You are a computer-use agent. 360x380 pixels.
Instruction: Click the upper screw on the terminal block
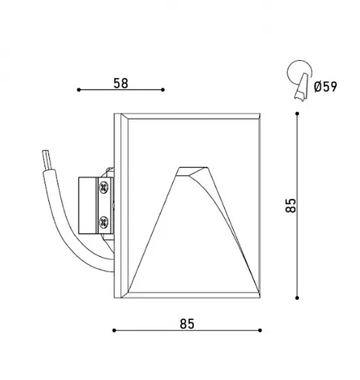click(103, 188)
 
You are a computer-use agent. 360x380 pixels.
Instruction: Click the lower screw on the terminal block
click(103, 220)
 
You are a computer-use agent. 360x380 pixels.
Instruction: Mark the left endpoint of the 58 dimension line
click(78, 91)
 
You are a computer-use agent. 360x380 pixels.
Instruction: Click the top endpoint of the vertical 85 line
click(297, 114)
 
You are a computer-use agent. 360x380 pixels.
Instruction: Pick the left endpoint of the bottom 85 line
click(113, 330)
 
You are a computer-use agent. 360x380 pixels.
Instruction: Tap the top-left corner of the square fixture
click(114, 114)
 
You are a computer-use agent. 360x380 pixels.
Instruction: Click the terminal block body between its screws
click(94, 204)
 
